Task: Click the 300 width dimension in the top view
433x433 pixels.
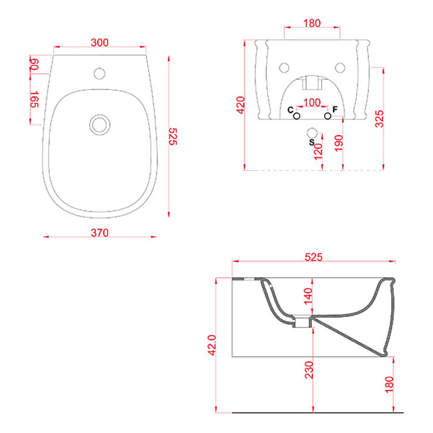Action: coord(100,43)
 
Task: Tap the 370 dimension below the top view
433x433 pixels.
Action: coord(100,233)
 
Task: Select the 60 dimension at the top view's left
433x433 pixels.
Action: coord(35,64)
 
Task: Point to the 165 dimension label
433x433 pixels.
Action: coord(35,100)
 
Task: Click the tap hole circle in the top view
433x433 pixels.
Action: coord(100,74)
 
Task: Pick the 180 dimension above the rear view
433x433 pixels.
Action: coord(312,24)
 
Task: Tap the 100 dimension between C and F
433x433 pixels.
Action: coord(312,103)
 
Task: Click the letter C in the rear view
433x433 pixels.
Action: coord(290,110)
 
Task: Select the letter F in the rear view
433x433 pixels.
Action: coord(335,109)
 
